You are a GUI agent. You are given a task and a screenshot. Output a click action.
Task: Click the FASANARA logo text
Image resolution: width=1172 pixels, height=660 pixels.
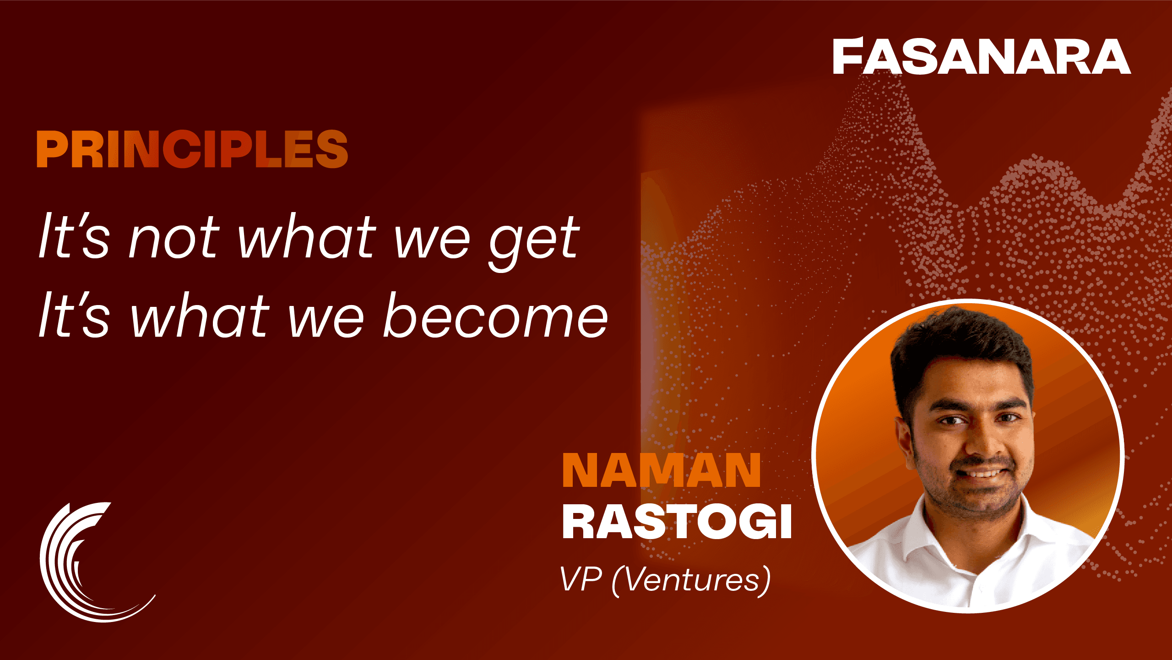point(982,56)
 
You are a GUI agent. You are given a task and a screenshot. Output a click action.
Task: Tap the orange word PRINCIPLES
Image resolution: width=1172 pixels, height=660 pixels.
point(192,149)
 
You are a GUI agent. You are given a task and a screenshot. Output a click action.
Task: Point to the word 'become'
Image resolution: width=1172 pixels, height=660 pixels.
point(495,316)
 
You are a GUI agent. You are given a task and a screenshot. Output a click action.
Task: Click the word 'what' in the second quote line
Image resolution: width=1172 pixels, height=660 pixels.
point(200,316)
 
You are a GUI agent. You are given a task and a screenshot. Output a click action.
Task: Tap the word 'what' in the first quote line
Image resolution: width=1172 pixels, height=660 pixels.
point(308,237)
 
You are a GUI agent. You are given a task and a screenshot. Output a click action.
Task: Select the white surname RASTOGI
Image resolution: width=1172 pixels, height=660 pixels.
point(677,522)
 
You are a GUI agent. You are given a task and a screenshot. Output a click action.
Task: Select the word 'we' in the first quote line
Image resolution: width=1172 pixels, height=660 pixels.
point(433,240)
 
